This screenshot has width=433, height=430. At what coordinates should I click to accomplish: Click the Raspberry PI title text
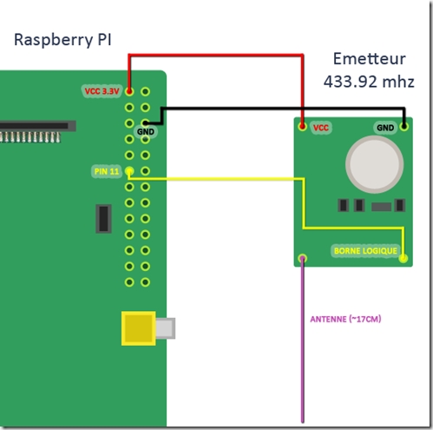pyautogui.click(x=62, y=40)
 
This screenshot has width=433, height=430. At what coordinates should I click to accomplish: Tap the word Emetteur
pyautogui.click(x=370, y=59)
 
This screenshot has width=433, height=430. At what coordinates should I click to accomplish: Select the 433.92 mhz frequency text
pyautogui.click(x=369, y=82)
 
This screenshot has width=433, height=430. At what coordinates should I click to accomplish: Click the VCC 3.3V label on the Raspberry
pyautogui.click(x=102, y=91)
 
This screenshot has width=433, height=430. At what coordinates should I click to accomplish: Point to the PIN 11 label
pyautogui.click(x=107, y=171)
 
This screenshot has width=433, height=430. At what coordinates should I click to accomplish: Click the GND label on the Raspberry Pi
pyautogui.click(x=146, y=132)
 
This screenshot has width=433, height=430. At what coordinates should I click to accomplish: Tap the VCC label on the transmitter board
pyautogui.click(x=321, y=128)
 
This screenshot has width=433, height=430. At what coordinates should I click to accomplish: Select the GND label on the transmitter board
pyautogui.click(x=385, y=128)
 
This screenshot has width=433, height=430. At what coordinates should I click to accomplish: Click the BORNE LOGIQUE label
pyautogui.click(x=365, y=251)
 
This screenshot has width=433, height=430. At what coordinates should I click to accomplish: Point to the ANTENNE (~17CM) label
pyautogui.click(x=345, y=319)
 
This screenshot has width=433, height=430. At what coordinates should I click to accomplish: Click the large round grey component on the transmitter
pyautogui.click(x=375, y=164)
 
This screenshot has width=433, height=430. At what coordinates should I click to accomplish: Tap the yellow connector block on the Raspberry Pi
pyautogui.click(x=139, y=328)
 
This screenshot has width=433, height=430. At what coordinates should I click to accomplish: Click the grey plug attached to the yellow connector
pyautogui.click(x=166, y=328)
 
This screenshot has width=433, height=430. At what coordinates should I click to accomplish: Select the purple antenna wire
pyautogui.click(x=303, y=341)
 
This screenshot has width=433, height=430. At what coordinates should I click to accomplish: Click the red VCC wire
pyautogui.click(x=216, y=55)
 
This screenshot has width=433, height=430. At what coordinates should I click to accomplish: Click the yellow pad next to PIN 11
pyautogui.click(x=129, y=171)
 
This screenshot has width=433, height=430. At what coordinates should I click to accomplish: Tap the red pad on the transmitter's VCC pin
pyautogui.click(x=303, y=126)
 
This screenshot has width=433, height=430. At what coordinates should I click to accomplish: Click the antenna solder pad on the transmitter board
pyautogui.click(x=303, y=258)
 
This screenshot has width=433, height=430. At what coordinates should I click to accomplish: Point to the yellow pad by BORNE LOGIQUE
pyautogui.click(x=403, y=258)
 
